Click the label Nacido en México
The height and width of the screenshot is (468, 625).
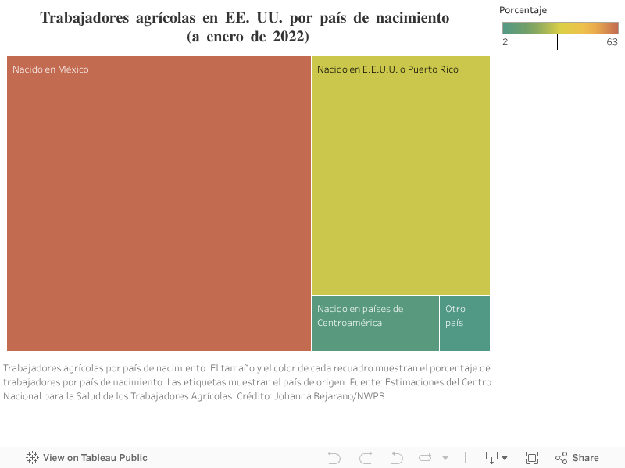pos(51,69)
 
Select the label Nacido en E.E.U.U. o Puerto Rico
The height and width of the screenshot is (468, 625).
pos(387,69)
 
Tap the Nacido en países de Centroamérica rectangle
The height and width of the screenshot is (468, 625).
pos(375,323)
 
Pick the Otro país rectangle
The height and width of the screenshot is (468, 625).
pos(464,323)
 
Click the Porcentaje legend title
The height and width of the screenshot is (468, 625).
pos(524,10)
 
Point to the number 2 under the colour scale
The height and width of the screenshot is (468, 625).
pos(505,42)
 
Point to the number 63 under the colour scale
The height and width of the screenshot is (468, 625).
pos(612,42)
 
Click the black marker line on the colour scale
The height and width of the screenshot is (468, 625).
pos(557,42)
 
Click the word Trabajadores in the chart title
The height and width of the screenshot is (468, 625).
pos(85,17)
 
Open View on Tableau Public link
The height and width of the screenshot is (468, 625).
pos(95,458)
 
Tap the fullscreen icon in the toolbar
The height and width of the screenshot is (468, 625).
pos(532,458)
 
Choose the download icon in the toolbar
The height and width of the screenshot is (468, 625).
pos(493,458)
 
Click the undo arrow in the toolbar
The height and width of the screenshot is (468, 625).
pos(334,458)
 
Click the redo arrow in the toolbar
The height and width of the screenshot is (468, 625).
pos(366,458)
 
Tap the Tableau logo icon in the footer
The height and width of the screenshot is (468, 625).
pos(33,458)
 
